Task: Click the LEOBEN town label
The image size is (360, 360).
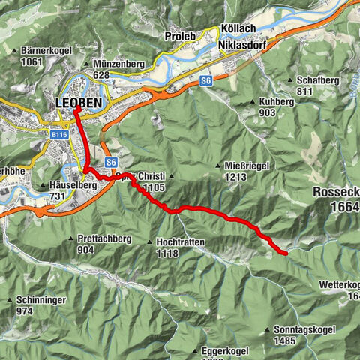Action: pyautogui.click(x=79, y=103)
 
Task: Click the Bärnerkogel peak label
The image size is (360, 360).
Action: pyautogui.click(x=34, y=52)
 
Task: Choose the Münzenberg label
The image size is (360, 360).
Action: pyautogui.click(x=118, y=65)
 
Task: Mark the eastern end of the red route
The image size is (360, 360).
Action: pyautogui.click(x=286, y=254)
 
